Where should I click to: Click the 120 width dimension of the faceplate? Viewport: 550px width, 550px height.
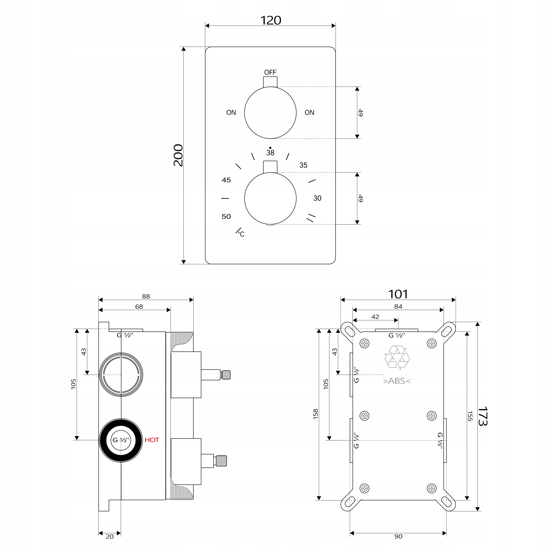(x=270, y=20)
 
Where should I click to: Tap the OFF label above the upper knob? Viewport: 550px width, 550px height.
(x=270, y=72)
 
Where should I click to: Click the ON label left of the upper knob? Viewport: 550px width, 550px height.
(x=231, y=112)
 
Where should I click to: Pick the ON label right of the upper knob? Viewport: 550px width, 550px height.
(x=309, y=112)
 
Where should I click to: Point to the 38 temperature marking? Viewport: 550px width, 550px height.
(x=270, y=153)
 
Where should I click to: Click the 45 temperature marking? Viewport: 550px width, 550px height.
(x=226, y=180)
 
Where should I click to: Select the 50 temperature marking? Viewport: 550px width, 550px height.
(x=226, y=216)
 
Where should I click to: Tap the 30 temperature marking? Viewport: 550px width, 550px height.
(x=317, y=198)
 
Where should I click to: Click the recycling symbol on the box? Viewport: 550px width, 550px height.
(x=397, y=357)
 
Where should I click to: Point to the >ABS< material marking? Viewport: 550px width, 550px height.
(x=397, y=381)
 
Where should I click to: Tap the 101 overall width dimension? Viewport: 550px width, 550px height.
(x=398, y=294)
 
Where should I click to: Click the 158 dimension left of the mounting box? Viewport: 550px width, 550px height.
(x=315, y=414)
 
